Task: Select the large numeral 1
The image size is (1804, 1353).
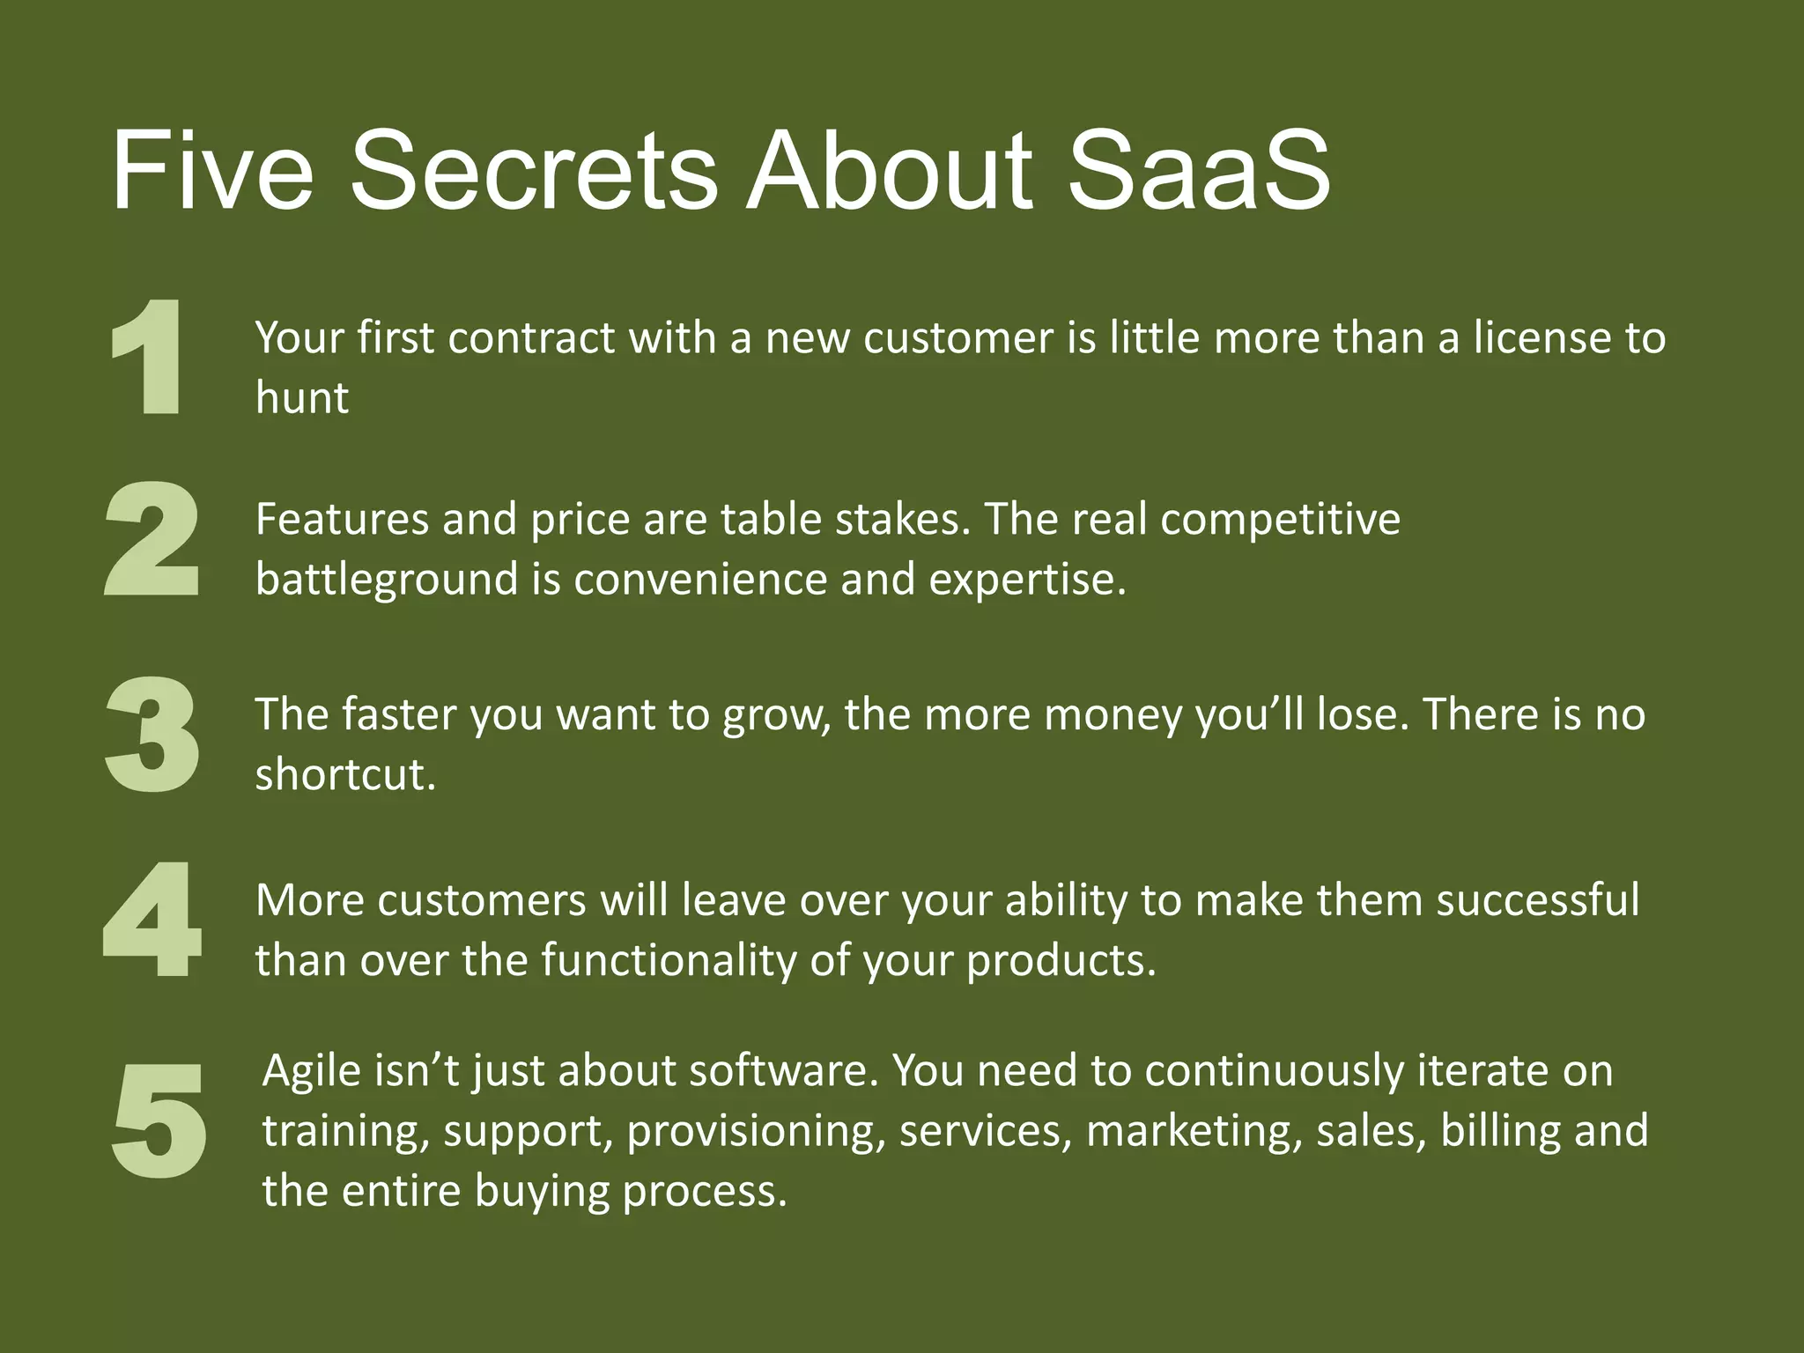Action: click(x=149, y=357)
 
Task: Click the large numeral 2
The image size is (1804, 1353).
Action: click(x=152, y=539)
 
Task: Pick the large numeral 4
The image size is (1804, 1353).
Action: click(x=152, y=920)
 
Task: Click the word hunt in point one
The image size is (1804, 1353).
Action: click(x=301, y=397)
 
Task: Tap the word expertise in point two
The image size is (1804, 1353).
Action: click(x=1027, y=580)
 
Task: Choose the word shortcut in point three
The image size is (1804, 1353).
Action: click(x=344, y=774)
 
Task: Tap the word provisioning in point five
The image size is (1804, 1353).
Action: click(x=756, y=1131)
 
